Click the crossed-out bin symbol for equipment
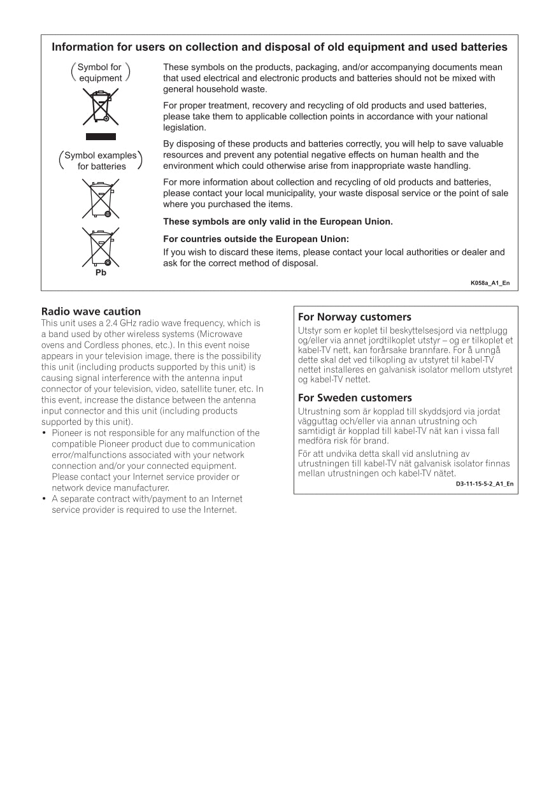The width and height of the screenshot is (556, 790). point(101,106)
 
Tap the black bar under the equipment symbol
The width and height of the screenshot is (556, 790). point(101,136)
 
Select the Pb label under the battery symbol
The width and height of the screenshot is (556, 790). point(101,273)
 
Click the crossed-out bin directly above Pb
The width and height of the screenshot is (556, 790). point(101,247)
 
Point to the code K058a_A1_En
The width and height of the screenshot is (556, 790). point(490,283)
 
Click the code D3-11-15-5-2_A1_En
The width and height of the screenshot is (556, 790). point(484,484)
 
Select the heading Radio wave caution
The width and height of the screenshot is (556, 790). point(91,312)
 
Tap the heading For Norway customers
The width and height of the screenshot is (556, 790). point(355,317)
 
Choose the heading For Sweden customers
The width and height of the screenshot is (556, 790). point(355,398)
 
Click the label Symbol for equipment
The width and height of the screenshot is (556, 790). point(100,73)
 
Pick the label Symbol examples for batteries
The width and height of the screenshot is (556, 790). point(101,161)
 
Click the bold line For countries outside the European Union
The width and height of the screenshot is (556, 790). point(256,239)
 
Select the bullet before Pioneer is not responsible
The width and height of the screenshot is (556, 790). point(45,433)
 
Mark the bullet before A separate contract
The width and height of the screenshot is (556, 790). point(45,499)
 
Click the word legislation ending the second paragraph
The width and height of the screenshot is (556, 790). point(185,127)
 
